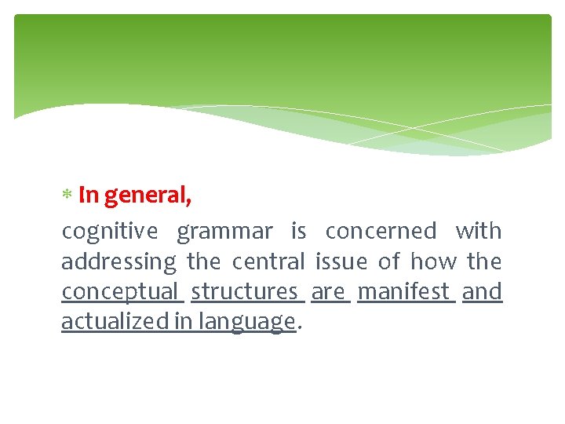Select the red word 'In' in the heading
(x=89, y=195)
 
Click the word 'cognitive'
(x=109, y=232)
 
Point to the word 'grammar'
(x=224, y=232)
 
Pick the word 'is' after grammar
(x=298, y=232)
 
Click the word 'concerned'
(x=381, y=232)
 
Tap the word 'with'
(x=478, y=232)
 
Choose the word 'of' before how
(x=388, y=261)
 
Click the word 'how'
(x=434, y=261)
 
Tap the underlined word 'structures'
(x=245, y=292)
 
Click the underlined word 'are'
(x=328, y=292)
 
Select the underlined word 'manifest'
(x=404, y=292)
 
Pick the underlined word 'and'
(x=482, y=292)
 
